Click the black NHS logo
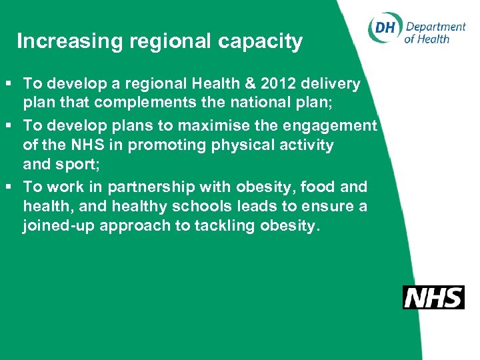(433, 297)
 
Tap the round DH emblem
(384, 29)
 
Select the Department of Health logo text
(435, 33)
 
